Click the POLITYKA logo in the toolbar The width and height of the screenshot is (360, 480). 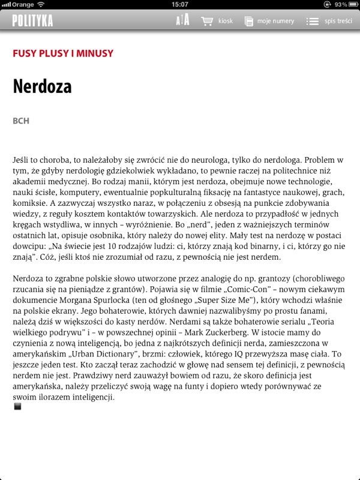click(32, 21)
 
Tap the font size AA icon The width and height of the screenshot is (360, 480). click(182, 21)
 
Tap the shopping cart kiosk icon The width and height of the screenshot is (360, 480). click(207, 21)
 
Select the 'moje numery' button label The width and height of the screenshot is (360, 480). click(275, 21)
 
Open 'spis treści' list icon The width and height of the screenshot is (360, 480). click(312, 21)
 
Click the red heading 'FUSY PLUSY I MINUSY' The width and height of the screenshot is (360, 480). click(63, 53)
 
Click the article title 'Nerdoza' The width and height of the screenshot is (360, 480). click(42, 86)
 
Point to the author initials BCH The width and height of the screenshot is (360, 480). click(21, 121)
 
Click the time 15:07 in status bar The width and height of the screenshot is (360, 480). click(179, 4)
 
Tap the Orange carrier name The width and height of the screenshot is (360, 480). click(22, 4)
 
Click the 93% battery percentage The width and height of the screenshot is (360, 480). click(339, 4)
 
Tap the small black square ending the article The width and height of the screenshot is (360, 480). click(17, 406)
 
